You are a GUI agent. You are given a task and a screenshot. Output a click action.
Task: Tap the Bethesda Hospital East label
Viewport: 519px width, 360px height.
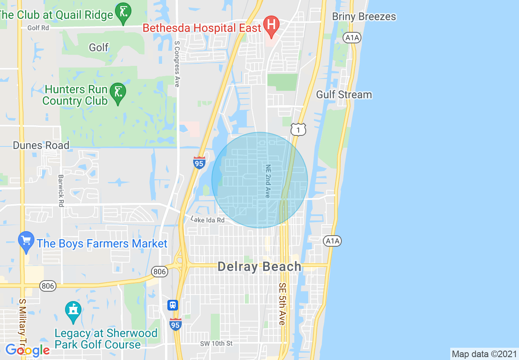coord(201,28)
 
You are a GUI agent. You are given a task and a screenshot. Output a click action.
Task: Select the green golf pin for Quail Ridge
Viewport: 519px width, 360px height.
coord(123,13)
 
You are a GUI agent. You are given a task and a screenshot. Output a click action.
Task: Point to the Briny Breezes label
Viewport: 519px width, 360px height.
coord(364,17)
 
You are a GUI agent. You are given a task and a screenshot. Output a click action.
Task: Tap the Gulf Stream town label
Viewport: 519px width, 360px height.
coord(344,94)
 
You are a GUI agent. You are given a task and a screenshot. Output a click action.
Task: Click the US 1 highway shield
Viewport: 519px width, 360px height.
coord(298,129)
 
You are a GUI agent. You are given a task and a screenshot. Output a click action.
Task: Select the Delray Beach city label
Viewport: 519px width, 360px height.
coord(259,267)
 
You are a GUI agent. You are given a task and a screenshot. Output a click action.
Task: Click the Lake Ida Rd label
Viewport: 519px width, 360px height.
coord(208,220)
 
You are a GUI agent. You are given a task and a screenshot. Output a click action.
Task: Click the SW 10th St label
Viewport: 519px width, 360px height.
coord(217,343)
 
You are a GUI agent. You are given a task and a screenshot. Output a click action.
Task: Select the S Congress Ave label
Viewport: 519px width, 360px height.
coord(177,63)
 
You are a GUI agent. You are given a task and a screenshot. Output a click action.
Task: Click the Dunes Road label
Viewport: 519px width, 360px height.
coord(41,145)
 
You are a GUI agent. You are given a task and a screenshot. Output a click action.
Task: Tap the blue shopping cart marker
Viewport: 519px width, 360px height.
coord(26,241)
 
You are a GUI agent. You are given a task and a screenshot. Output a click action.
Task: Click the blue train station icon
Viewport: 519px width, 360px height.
coord(173,305)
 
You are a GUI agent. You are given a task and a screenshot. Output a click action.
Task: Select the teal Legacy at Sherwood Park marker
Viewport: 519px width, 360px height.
coord(73,312)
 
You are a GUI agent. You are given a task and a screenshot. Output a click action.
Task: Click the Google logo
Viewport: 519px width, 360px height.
coord(27,350)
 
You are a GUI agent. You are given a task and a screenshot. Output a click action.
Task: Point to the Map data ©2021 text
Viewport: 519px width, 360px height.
coord(484,353)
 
